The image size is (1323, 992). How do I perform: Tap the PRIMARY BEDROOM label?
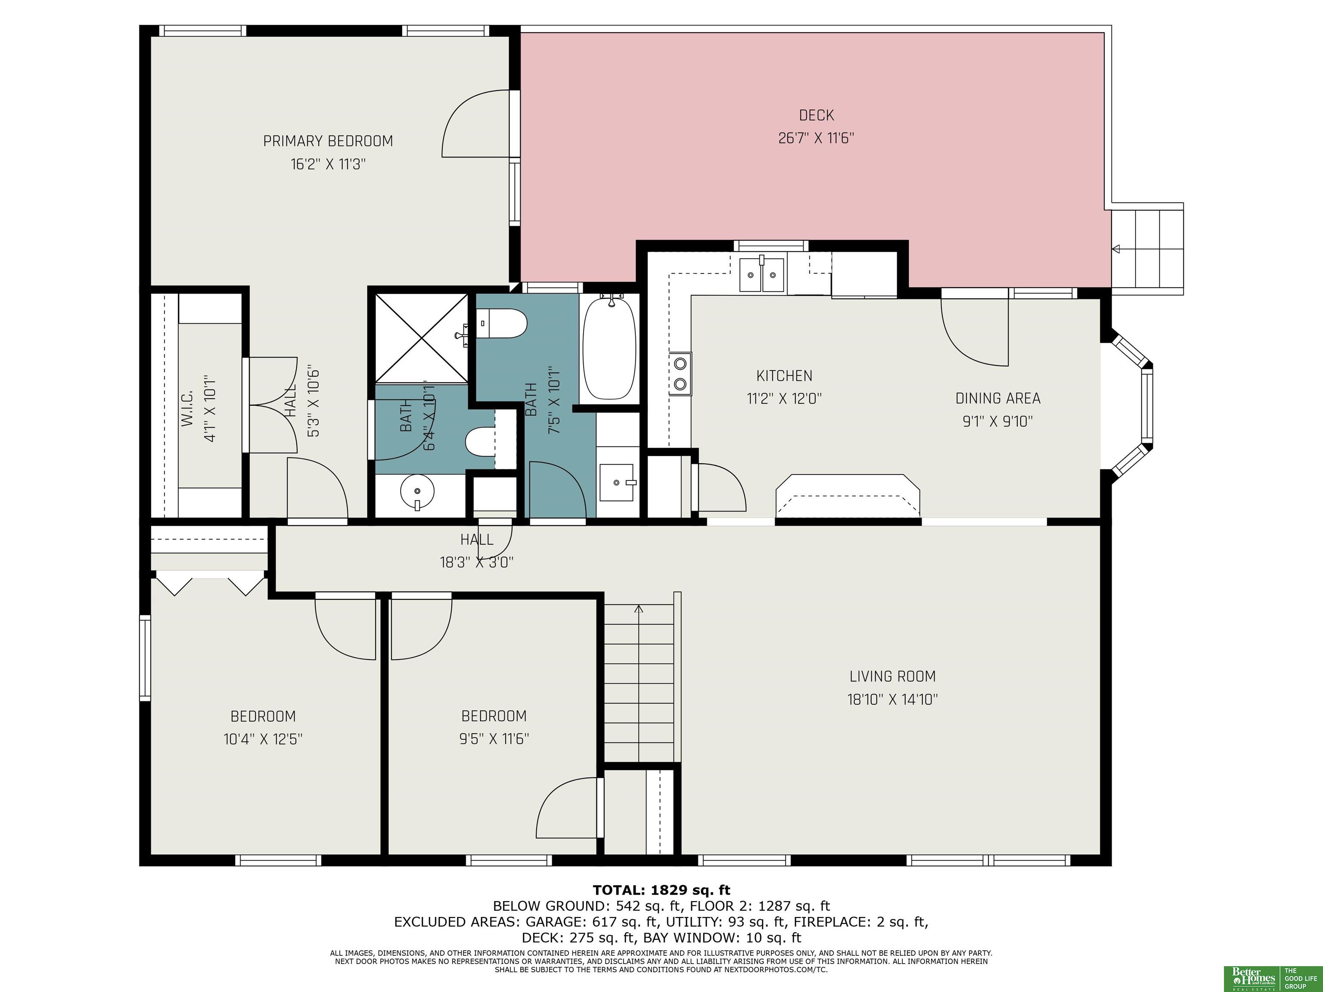click(x=328, y=141)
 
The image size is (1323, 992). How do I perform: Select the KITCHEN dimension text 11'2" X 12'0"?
click(x=784, y=399)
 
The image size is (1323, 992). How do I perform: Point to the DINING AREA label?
click(x=997, y=398)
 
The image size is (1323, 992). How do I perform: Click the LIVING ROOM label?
click(x=892, y=676)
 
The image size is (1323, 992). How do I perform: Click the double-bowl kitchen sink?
click(x=761, y=274)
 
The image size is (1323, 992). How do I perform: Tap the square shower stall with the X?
click(x=422, y=338)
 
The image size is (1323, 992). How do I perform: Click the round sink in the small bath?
click(x=417, y=492)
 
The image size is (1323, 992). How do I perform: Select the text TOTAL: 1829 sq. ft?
click(x=661, y=890)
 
